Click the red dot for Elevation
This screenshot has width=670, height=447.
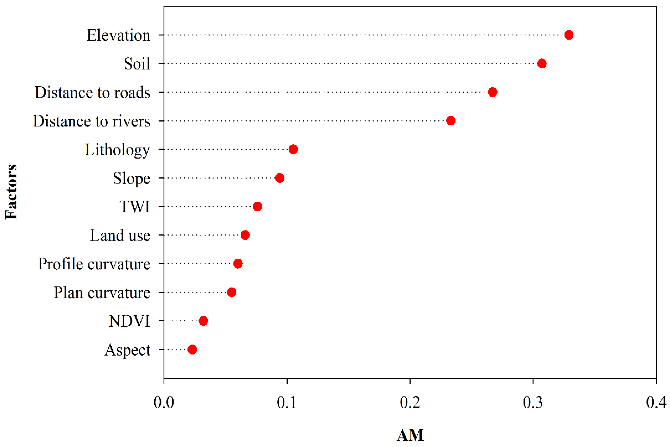pyautogui.click(x=569, y=35)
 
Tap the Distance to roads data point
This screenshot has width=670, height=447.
pyautogui.click(x=492, y=92)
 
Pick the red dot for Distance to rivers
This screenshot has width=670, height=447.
pyautogui.click(x=450, y=121)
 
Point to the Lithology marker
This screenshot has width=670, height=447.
pyautogui.click(x=293, y=149)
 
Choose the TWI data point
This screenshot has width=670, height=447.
pyautogui.click(x=257, y=206)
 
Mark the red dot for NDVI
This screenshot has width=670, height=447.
pyautogui.click(x=203, y=321)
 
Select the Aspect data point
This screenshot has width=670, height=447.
pyautogui.click(x=192, y=349)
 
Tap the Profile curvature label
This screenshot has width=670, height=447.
pyautogui.click(x=94, y=264)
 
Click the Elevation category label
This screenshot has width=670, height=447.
pyautogui.click(x=118, y=35)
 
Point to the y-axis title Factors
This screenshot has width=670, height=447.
pyautogui.click(x=11, y=192)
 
